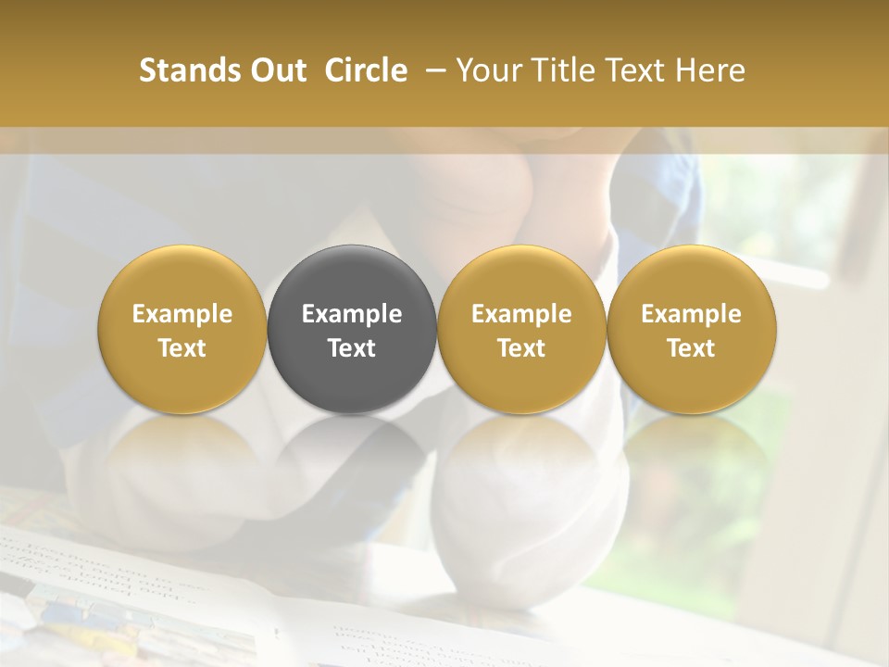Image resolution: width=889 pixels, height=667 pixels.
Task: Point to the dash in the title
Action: (x=432, y=70)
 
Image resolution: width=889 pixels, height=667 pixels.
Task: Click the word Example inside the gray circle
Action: (x=352, y=314)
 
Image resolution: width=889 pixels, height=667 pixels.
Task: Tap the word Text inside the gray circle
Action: (x=352, y=348)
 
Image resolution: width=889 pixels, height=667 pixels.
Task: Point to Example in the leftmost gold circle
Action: (x=182, y=314)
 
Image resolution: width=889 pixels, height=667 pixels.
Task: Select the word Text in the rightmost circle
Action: (x=691, y=348)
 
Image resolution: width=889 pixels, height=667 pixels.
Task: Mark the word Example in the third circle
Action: (x=521, y=314)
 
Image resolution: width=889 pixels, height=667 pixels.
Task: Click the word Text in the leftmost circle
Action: (x=182, y=348)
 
